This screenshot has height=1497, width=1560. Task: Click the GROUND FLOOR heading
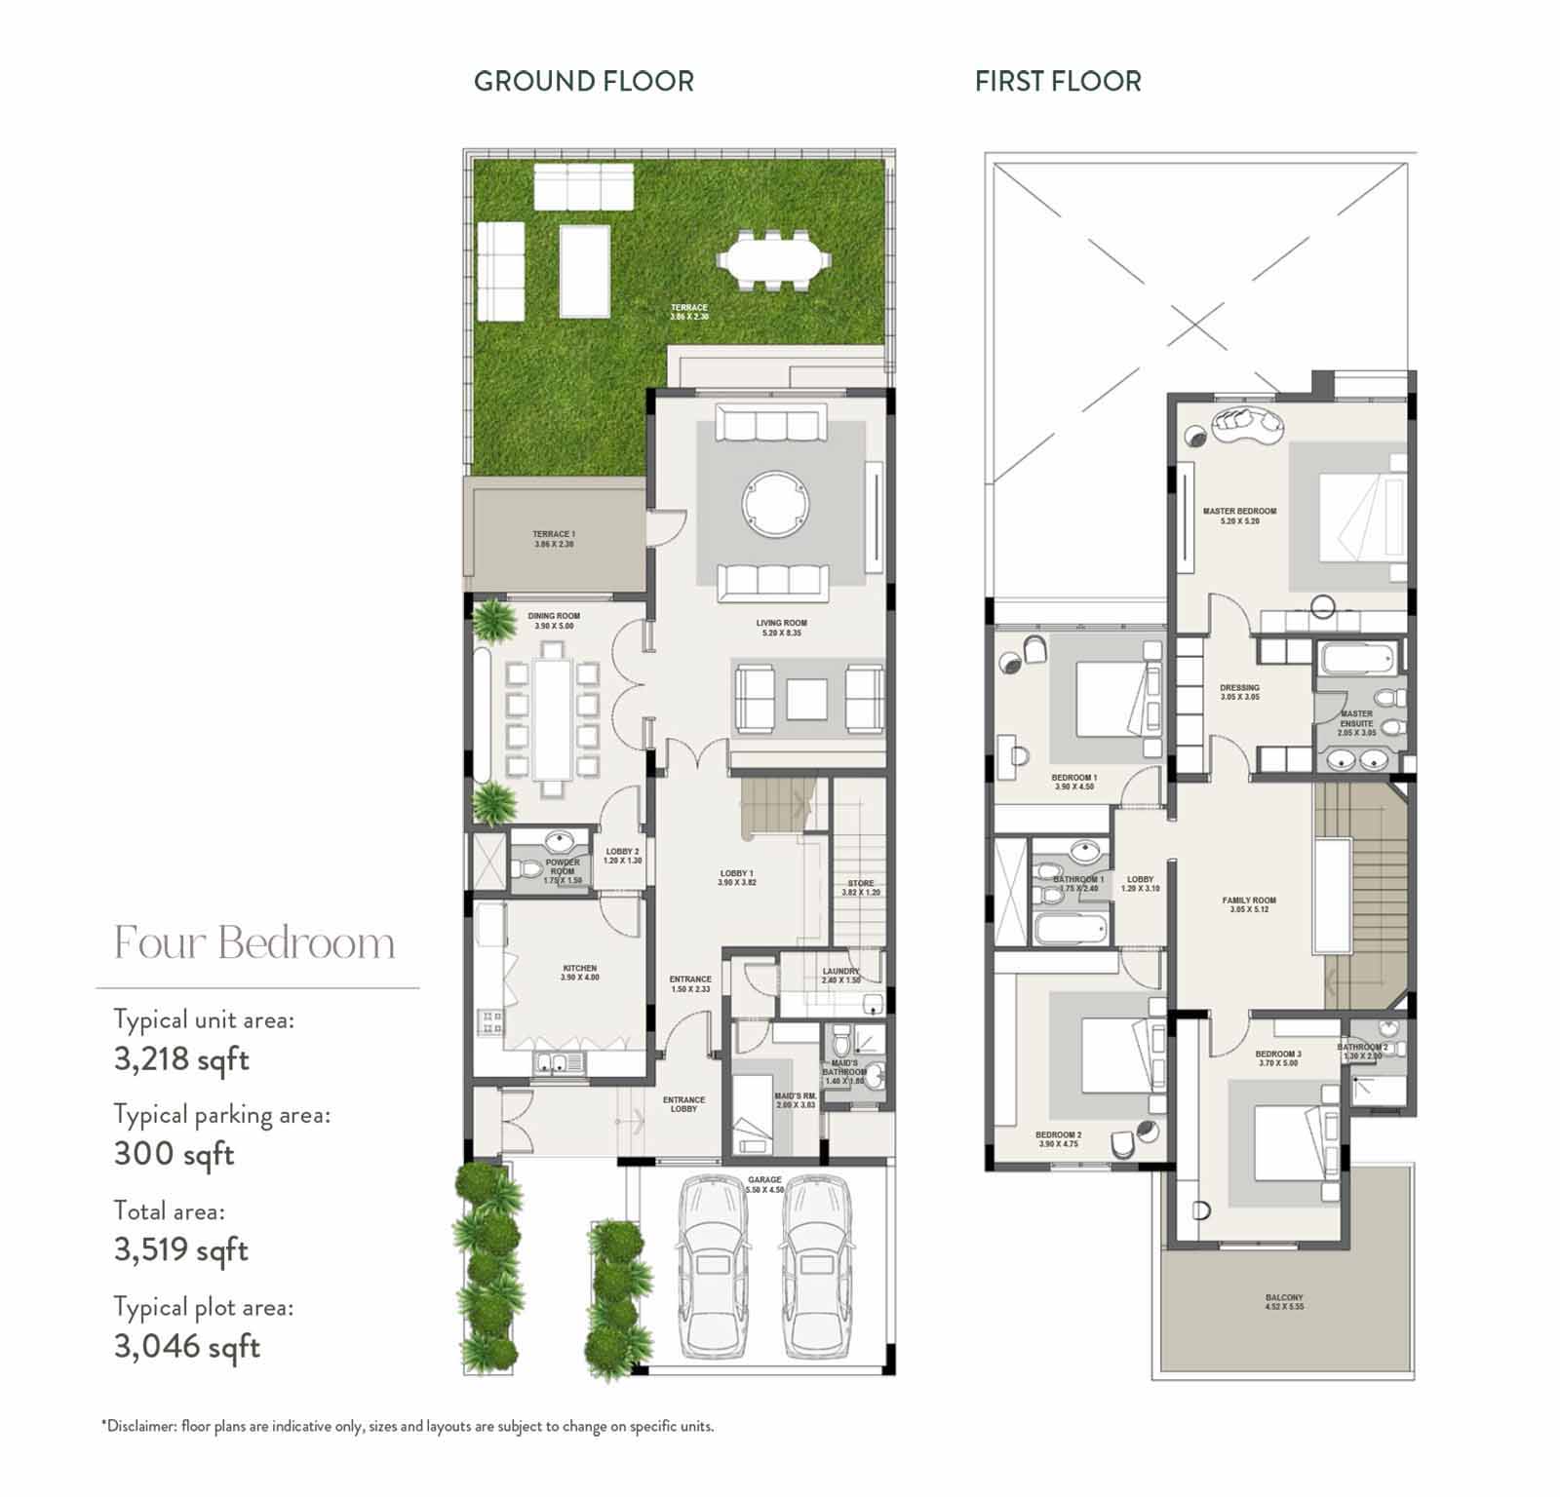point(583,81)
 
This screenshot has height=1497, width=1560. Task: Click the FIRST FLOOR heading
point(1058,81)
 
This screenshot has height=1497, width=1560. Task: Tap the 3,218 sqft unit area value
point(181,1059)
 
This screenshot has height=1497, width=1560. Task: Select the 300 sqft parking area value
point(174,1155)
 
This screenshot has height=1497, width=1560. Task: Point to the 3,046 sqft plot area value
point(186,1347)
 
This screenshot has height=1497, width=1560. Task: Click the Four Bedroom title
point(254,943)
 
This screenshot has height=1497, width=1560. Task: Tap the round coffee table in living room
point(776,504)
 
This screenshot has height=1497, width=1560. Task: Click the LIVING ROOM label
point(781,624)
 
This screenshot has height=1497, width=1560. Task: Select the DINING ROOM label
point(554,617)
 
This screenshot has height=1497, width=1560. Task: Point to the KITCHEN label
point(579,969)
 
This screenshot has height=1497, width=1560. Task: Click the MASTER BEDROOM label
point(1239,512)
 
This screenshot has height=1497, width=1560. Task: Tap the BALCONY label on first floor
point(1284,1298)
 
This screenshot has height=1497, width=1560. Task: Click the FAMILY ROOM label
point(1249,901)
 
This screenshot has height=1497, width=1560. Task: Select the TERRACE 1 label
point(554,535)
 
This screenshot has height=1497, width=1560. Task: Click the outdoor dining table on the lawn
point(775,260)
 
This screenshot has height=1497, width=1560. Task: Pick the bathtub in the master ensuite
point(1356,660)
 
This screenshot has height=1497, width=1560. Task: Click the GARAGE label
point(764,1180)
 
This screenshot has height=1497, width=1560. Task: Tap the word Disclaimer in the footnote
point(141,1426)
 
